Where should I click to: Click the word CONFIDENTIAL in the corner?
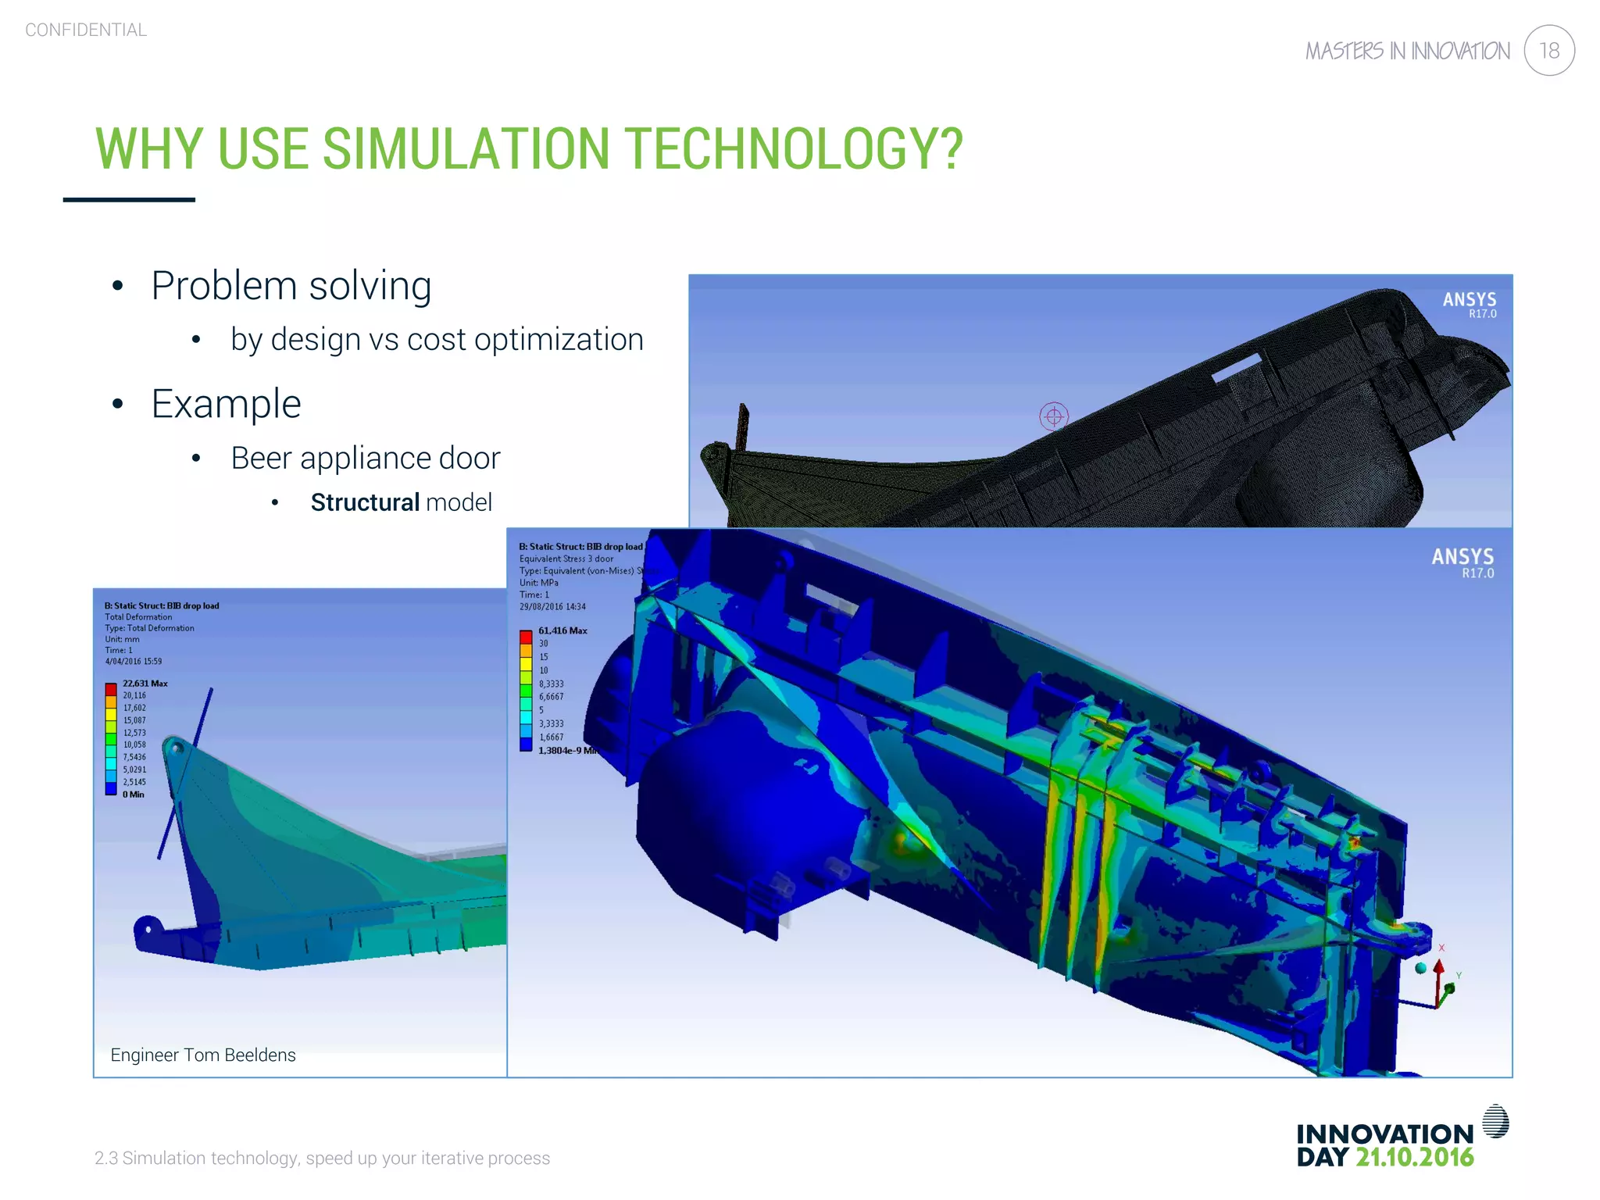(86, 30)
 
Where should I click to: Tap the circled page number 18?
(1549, 51)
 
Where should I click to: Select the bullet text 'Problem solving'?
(291, 286)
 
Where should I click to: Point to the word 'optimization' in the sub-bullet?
(559, 340)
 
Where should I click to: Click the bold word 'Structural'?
(365, 502)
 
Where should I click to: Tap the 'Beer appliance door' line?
(365, 459)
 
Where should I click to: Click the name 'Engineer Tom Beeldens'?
(203, 1055)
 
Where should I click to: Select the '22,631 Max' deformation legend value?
(145, 684)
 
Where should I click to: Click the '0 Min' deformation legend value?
(133, 795)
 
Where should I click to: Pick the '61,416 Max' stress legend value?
(562, 630)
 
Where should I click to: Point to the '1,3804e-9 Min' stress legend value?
(567, 751)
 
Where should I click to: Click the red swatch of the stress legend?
(526, 637)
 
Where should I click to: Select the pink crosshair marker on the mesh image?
(1054, 416)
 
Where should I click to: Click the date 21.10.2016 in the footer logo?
(1414, 1158)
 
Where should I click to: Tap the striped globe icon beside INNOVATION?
(1495, 1122)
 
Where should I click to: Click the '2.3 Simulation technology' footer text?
(322, 1159)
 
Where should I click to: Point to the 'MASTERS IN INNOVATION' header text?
(1408, 52)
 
